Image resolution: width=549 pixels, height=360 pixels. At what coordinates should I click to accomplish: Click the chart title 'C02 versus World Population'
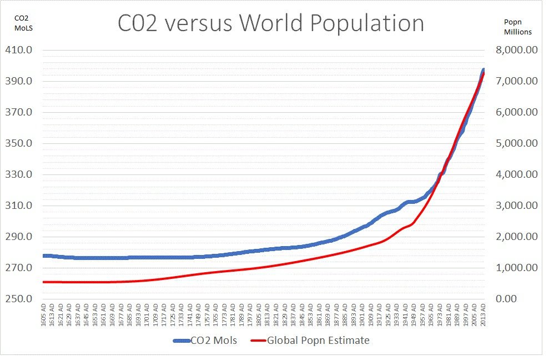271,23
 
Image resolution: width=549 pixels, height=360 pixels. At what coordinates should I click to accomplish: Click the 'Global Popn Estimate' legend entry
318,341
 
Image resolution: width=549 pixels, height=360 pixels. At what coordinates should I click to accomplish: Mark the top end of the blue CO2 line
483,70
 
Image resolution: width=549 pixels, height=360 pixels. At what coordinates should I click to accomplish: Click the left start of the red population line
43,282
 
